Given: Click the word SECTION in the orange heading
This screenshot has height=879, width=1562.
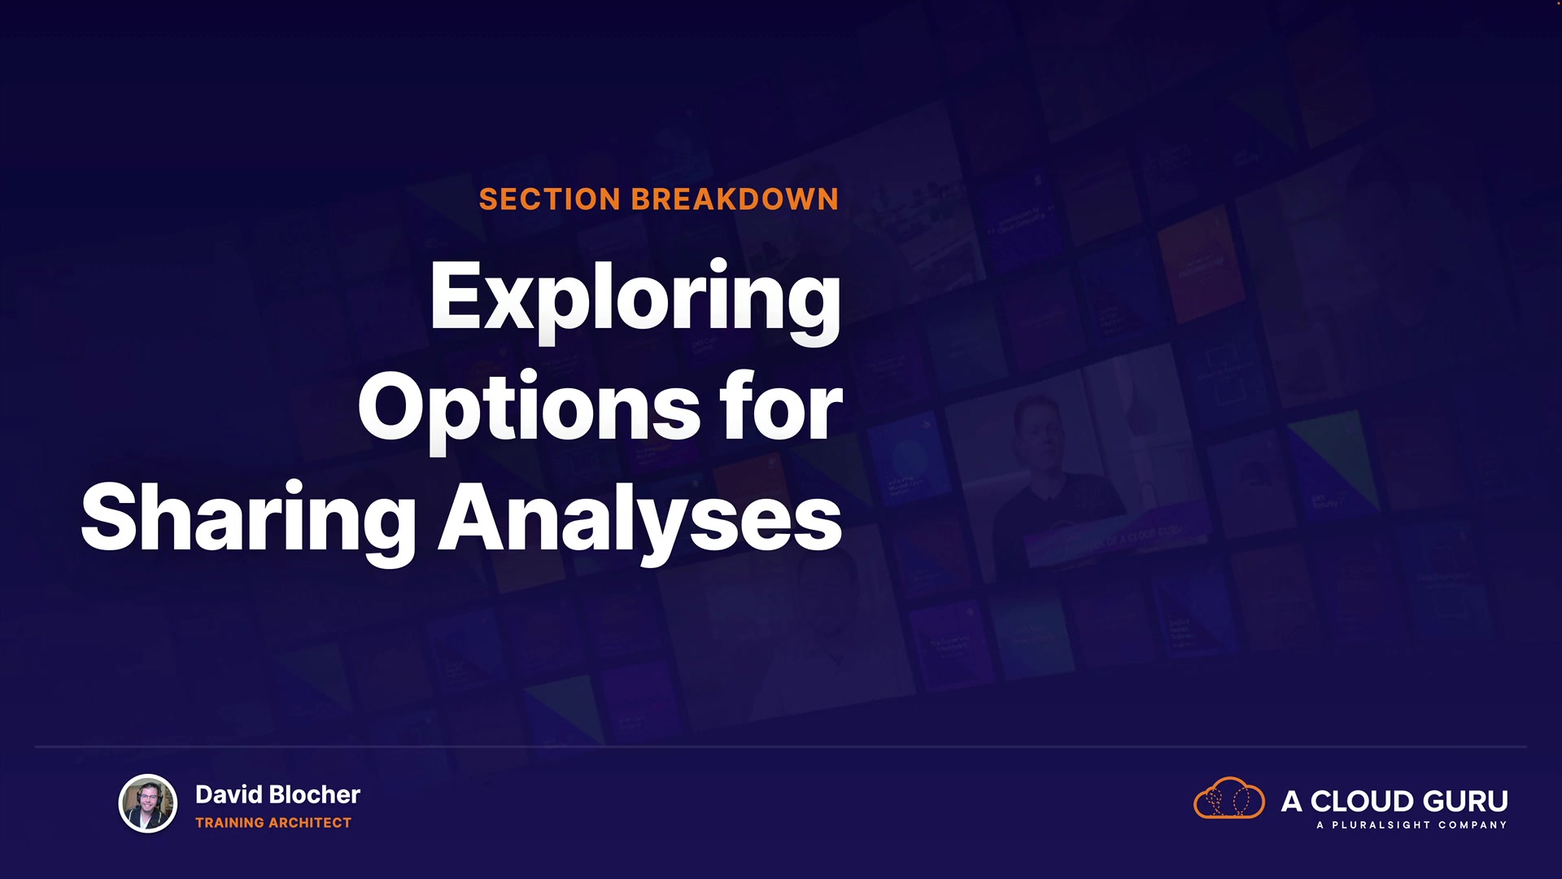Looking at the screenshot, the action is point(550,199).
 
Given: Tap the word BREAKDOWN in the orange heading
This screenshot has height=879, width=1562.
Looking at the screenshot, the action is point(735,199).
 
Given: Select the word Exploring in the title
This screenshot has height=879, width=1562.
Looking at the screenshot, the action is point(635,300).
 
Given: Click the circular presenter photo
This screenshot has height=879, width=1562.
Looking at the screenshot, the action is point(148,803).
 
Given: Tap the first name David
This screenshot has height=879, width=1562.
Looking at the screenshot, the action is point(229,794).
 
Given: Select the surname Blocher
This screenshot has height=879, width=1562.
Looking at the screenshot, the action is point(314,794).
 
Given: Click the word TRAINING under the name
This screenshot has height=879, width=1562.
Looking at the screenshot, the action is point(229,823).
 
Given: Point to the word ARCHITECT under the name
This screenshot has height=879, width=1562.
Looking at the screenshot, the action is point(310,823).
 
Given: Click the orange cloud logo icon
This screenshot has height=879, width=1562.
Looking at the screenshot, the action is point(1228,798).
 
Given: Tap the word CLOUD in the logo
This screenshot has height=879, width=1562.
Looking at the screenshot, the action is point(1360,802).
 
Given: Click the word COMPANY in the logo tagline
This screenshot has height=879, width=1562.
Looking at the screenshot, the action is point(1473,825).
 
